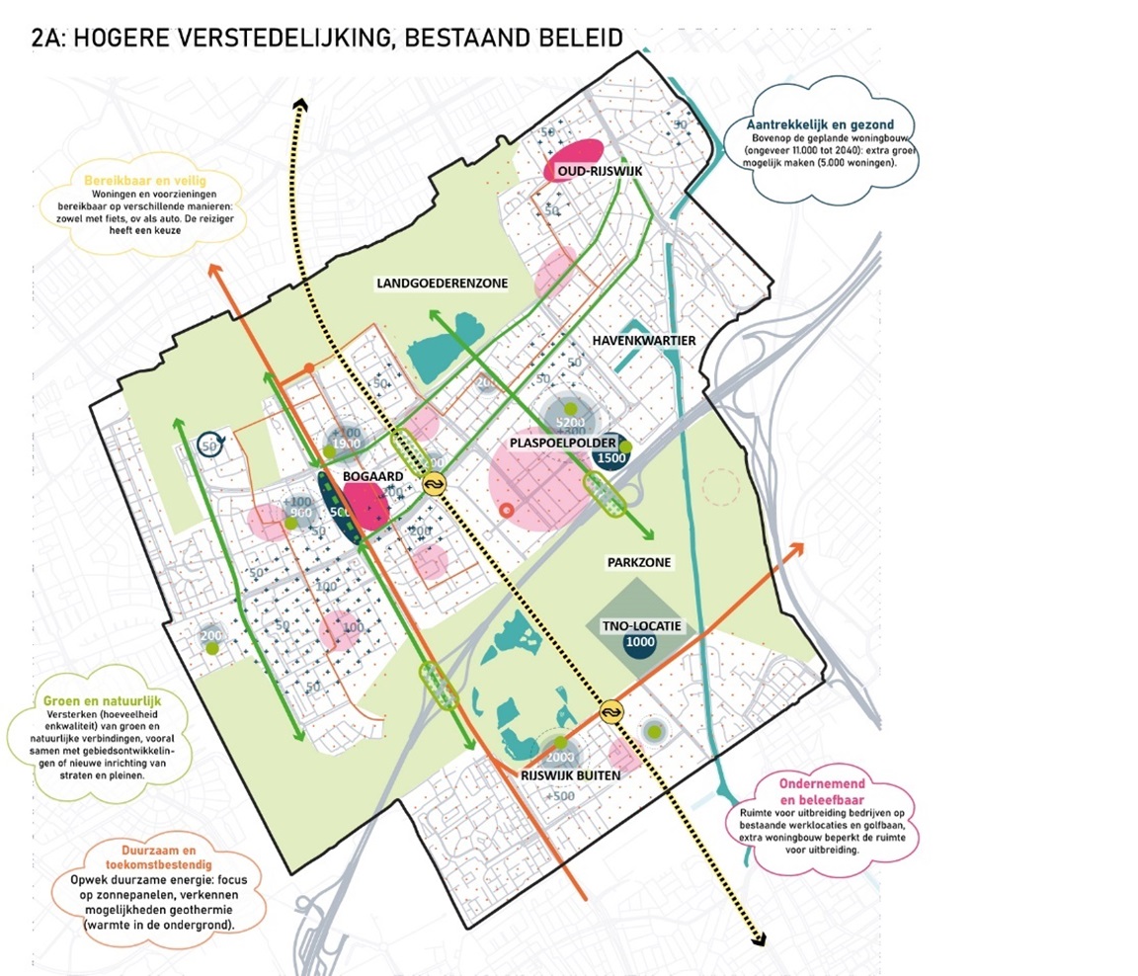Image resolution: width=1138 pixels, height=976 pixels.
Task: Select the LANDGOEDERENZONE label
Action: [442, 284]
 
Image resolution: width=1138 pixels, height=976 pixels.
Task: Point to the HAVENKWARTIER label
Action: [644, 340]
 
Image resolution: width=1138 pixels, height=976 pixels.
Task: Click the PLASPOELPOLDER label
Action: [563, 443]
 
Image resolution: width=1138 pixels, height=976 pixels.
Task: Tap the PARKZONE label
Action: [639, 562]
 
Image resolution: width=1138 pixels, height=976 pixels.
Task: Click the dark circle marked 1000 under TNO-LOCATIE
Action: [640, 642]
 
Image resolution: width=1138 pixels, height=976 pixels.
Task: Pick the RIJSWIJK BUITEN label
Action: [570, 775]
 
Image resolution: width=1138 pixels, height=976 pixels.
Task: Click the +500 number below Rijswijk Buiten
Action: [559, 797]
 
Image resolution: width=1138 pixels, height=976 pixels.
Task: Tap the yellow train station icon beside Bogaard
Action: [434, 484]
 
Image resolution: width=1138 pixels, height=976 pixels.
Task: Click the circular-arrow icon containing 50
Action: [208, 445]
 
